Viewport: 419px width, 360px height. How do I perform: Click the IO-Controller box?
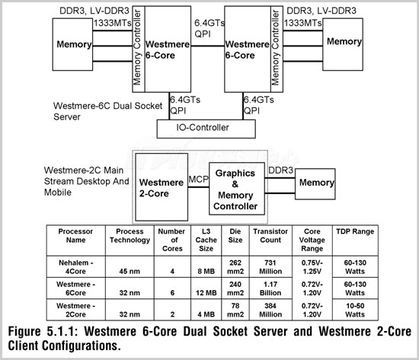(x=206, y=129)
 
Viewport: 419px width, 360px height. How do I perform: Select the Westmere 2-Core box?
(x=162, y=187)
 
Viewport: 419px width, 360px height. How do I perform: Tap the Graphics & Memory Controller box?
(x=237, y=189)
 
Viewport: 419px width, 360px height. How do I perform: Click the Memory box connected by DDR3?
(x=315, y=184)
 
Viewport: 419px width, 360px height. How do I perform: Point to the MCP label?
(x=199, y=179)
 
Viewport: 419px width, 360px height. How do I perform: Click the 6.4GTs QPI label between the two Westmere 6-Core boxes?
(x=209, y=28)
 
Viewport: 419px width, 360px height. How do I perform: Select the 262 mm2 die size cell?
(x=235, y=267)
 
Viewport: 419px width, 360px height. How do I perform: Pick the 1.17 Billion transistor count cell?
(x=270, y=288)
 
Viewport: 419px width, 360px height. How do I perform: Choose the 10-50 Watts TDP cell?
(x=355, y=310)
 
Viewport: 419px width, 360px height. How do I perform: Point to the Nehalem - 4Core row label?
(x=76, y=267)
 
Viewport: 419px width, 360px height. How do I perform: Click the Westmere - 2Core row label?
(x=76, y=310)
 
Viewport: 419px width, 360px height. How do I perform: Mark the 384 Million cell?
(x=270, y=310)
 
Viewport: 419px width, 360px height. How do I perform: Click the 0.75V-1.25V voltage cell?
(x=312, y=267)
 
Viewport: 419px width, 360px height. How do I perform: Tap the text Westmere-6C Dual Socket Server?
(x=107, y=111)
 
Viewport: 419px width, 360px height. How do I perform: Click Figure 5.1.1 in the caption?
(x=43, y=331)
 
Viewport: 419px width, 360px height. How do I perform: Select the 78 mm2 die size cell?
(x=235, y=310)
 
